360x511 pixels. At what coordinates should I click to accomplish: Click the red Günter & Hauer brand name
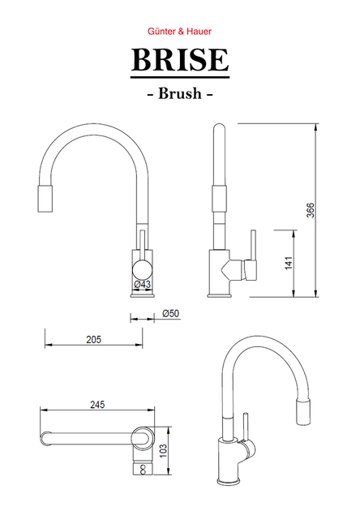[179, 32]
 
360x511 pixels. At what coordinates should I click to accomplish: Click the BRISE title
[180, 60]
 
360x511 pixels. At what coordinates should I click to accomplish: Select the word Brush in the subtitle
[180, 93]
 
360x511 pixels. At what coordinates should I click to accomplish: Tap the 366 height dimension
[311, 210]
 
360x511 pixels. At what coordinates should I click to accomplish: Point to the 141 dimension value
[289, 264]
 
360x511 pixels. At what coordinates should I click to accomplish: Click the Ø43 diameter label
[143, 284]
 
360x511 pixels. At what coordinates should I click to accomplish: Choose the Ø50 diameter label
[171, 314]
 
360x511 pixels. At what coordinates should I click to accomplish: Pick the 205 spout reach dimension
[94, 340]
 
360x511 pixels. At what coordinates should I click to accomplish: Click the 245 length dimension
[97, 405]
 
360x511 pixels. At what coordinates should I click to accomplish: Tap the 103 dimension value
[164, 451]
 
